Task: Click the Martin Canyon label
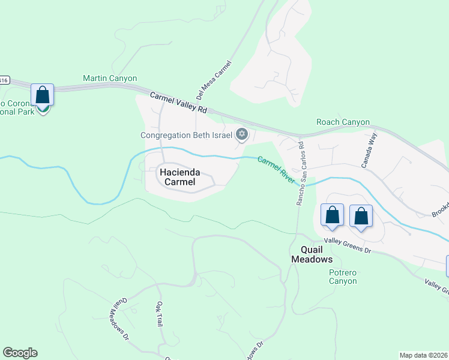pyautogui.click(x=110, y=79)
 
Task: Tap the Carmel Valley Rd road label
pyautogui.click(x=178, y=103)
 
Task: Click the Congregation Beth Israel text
pyautogui.click(x=186, y=135)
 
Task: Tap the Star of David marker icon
pyautogui.click(x=242, y=134)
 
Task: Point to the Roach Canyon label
pyautogui.click(x=343, y=122)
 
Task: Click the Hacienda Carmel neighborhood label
pyautogui.click(x=178, y=176)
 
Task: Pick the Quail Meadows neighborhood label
pyautogui.click(x=312, y=254)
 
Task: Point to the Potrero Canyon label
pyautogui.click(x=343, y=277)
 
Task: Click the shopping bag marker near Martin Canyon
pyautogui.click(x=42, y=95)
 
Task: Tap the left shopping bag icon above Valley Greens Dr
pyautogui.click(x=332, y=215)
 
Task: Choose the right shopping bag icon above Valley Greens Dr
pyautogui.click(x=361, y=216)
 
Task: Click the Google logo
pyautogui.click(x=20, y=353)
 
